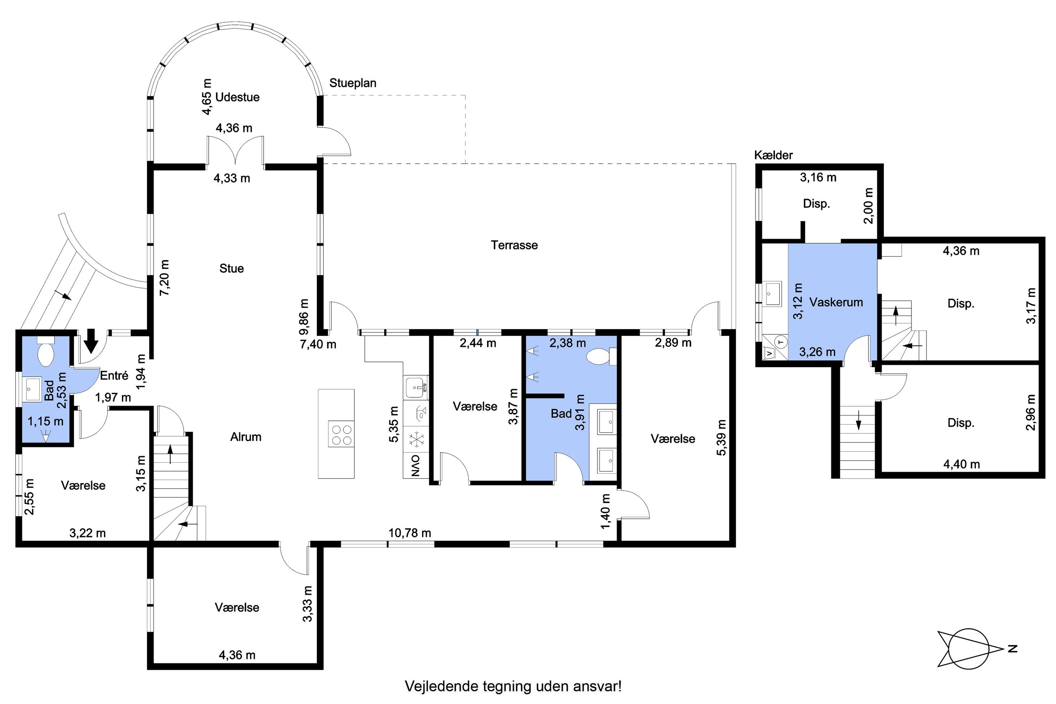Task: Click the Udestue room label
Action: (238, 97)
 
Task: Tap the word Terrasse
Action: (514, 245)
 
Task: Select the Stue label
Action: (232, 269)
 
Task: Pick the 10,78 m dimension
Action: (410, 533)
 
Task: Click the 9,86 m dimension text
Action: (304, 317)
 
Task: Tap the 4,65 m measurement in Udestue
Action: (206, 97)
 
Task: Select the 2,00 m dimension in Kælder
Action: (869, 205)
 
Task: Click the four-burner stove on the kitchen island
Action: (341, 434)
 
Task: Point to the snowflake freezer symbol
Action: (416, 440)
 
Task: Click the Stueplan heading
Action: (353, 83)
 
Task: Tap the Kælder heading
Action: (773, 155)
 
